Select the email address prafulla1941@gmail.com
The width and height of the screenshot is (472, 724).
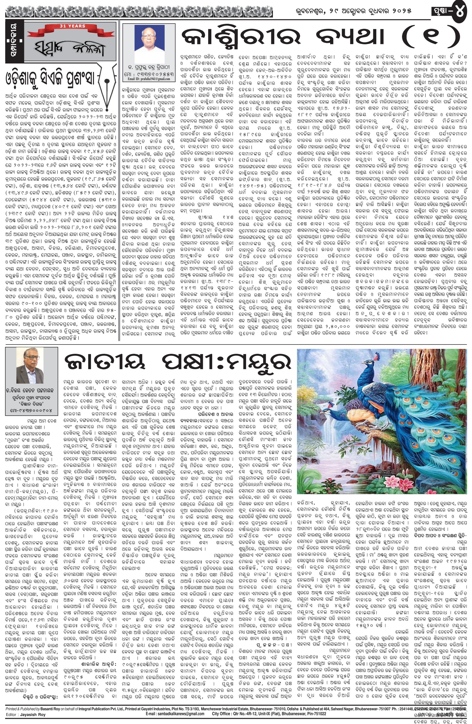148,78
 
